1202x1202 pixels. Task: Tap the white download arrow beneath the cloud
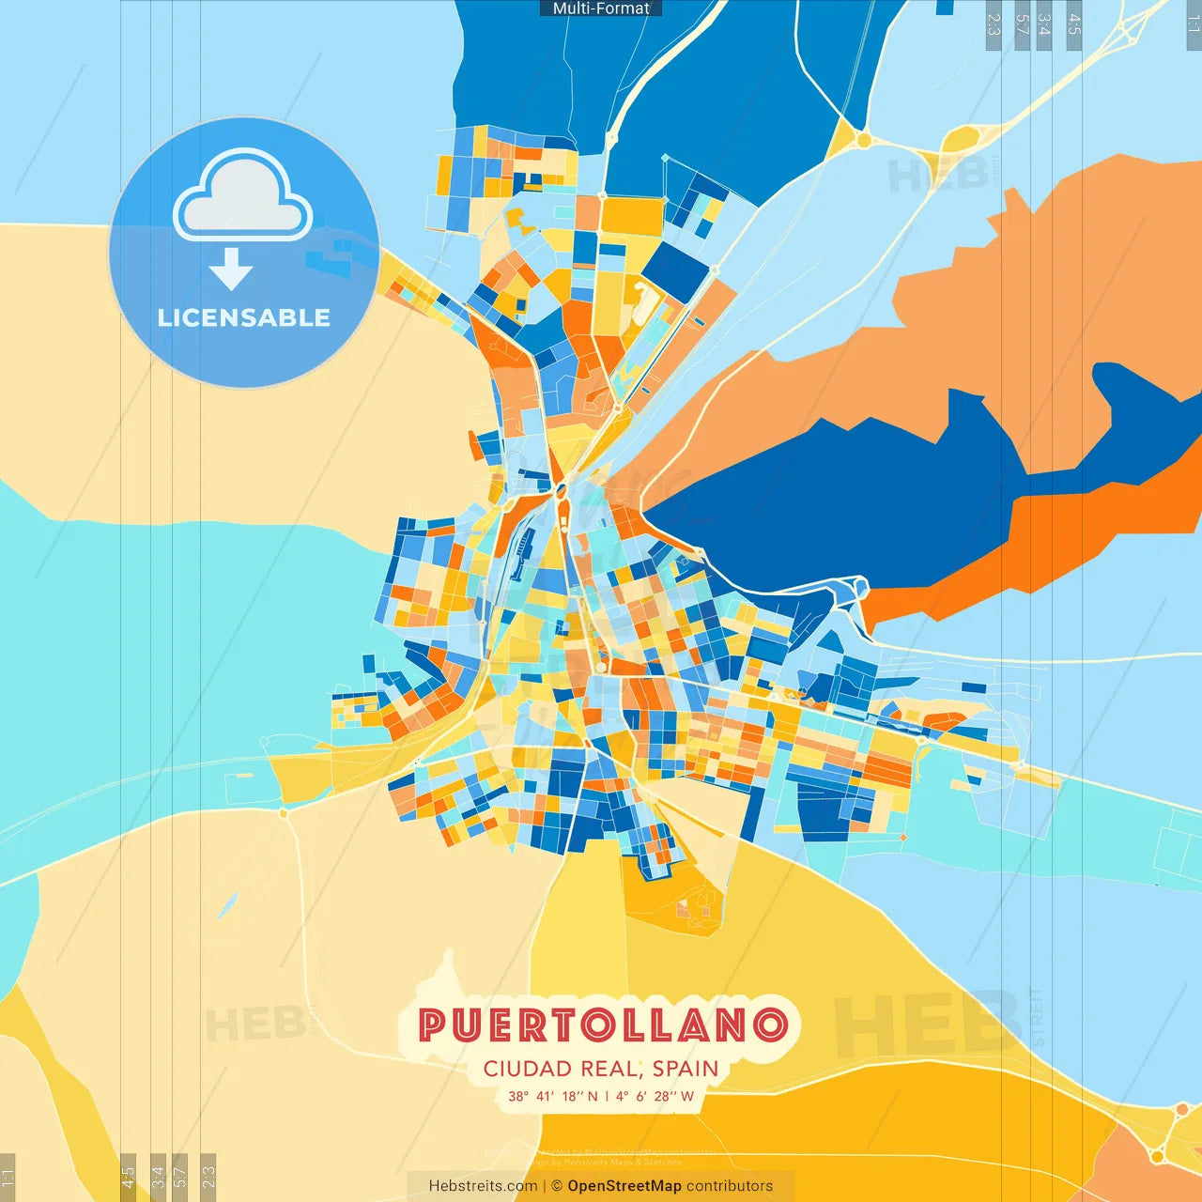[x=231, y=270]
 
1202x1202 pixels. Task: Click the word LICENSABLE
[x=244, y=317]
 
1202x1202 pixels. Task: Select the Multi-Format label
[x=601, y=8]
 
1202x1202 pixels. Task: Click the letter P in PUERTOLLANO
[x=432, y=1025]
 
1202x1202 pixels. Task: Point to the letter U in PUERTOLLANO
[x=465, y=1025]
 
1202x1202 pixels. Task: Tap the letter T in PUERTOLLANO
[x=562, y=1025]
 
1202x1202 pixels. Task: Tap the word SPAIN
[x=686, y=1069]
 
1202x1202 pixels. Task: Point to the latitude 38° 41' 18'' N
[x=553, y=1096]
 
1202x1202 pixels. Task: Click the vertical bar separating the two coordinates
[x=607, y=1096]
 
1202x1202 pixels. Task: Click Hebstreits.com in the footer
[x=483, y=1186]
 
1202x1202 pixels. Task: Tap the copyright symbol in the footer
[x=557, y=1186]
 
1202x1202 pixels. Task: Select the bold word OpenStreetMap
[x=624, y=1186]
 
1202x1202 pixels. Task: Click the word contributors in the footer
[x=730, y=1186]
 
